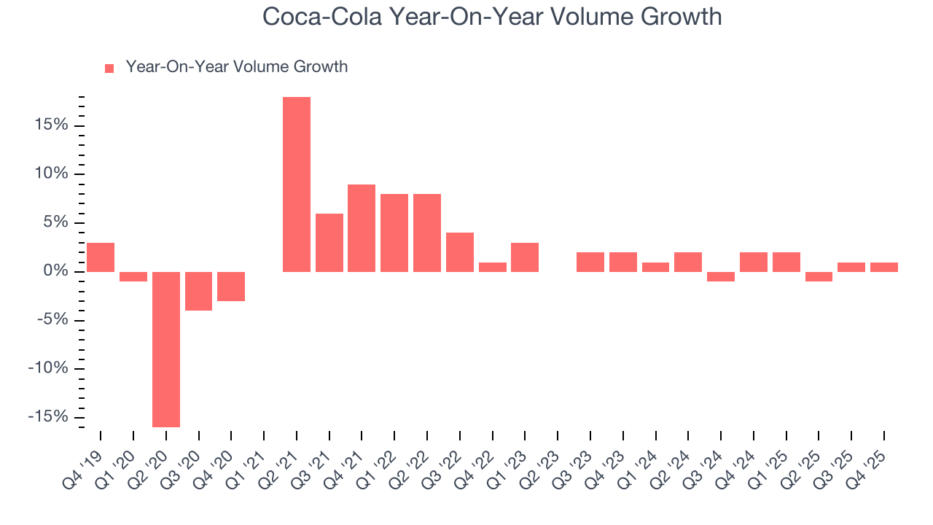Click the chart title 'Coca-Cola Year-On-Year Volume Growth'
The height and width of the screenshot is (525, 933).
pos(492,17)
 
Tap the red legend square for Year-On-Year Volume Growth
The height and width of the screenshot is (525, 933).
pos(109,68)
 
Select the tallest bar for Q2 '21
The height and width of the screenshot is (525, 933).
pos(297,184)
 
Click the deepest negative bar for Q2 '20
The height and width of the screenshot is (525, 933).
pos(166,349)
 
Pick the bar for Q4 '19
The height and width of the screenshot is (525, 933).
pos(101,257)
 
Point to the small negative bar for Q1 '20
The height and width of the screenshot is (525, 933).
pos(133,276)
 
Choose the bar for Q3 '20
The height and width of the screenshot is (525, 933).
pos(198,291)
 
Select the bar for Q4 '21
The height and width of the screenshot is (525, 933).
pos(362,227)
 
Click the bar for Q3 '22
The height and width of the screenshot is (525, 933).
pos(460,252)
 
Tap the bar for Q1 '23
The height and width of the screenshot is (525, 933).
pos(525,257)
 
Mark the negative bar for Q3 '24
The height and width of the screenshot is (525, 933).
pos(721,276)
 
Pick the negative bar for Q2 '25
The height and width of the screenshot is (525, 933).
pos(819,276)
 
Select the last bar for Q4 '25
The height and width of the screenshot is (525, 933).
pos(884,267)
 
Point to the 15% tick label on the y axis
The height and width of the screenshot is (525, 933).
pos(52,125)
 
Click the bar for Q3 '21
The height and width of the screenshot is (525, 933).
pos(329,242)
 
